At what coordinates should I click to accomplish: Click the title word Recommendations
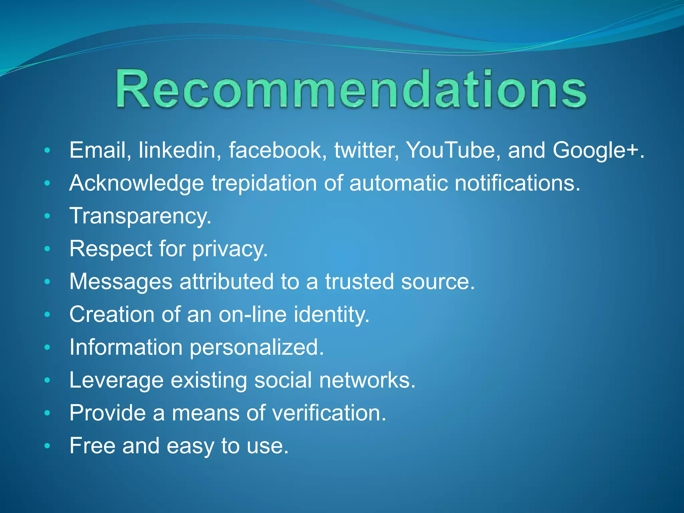pyautogui.click(x=351, y=90)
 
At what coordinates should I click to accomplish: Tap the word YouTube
pyautogui.click(x=453, y=150)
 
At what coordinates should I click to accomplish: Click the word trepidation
pyautogui.click(x=264, y=183)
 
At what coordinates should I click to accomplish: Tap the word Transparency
pyautogui.click(x=140, y=216)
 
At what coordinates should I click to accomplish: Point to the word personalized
pyautogui.click(x=256, y=348)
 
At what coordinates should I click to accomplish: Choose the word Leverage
pyautogui.click(x=116, y=380)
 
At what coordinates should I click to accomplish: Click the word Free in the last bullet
pyautogui.click(x=92, y=446)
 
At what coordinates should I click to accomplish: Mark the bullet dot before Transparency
pyautogui.click(x=47, y=216)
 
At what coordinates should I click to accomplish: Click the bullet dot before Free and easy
pyautogui.click(x=47, y=446)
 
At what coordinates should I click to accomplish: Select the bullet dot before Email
pyautogui.click(x=47, y=150)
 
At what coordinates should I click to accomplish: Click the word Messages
pyautogui.click(x=121, y=282)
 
